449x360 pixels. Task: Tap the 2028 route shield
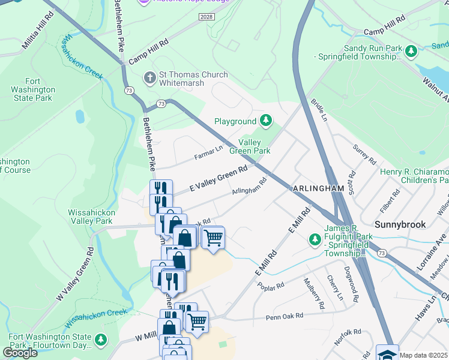206,19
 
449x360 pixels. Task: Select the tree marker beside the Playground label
265,121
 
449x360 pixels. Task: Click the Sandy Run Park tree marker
411,52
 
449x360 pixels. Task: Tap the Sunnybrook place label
400,224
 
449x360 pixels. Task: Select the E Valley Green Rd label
219,179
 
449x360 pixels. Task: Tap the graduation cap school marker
387,353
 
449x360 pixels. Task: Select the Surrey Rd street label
364,155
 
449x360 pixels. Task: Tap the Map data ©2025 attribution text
424,355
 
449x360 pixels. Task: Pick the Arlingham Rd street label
249,187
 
